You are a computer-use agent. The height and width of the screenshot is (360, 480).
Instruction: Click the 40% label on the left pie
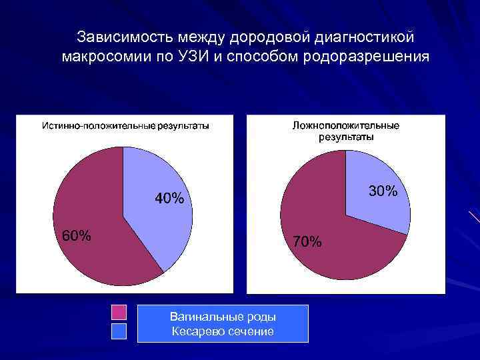point(169,199)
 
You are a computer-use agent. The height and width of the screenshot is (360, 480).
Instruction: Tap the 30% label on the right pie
point(383,191)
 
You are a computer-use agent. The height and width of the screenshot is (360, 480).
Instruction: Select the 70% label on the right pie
point(307,241)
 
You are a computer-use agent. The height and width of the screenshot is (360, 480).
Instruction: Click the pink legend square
point(119,312)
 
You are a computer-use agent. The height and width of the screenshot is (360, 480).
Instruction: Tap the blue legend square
point(119,332)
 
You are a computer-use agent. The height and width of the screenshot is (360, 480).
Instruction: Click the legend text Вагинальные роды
point(223,317)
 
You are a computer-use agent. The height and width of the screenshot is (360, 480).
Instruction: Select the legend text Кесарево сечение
point(223,331)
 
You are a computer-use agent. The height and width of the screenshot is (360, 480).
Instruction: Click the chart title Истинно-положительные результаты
point(125,125)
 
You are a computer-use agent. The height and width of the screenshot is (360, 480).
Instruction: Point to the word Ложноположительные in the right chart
point(346,125)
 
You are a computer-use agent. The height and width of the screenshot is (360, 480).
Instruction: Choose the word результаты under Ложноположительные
point(346,137)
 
